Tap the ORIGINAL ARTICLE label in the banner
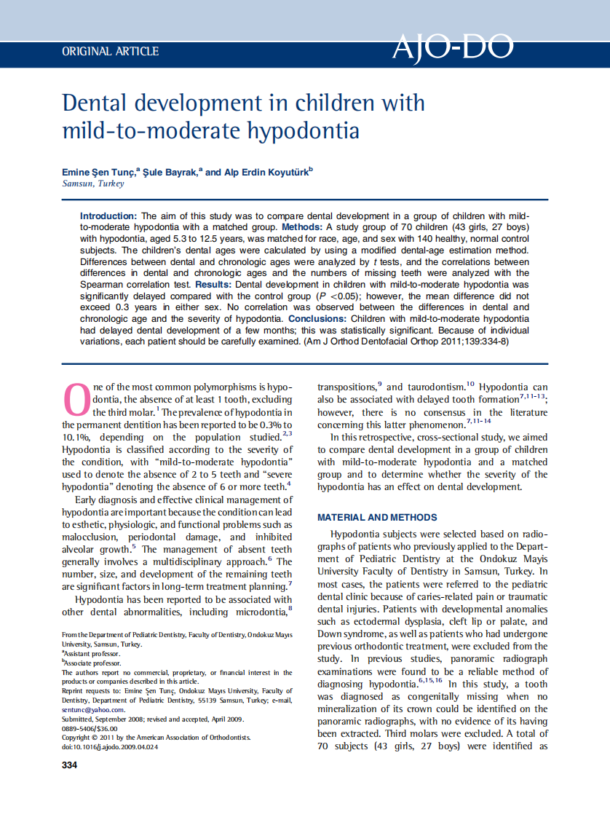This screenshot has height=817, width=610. coord(111,52)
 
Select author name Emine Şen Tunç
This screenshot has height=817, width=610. coord(98,173)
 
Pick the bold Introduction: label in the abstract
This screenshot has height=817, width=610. coord(108,216)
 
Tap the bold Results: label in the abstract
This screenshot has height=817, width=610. coord(215,284)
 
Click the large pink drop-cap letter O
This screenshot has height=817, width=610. coord(77,398)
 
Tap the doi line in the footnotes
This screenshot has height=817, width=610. coord(109,747)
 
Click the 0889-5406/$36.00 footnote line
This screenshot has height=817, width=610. coord(90,728)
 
